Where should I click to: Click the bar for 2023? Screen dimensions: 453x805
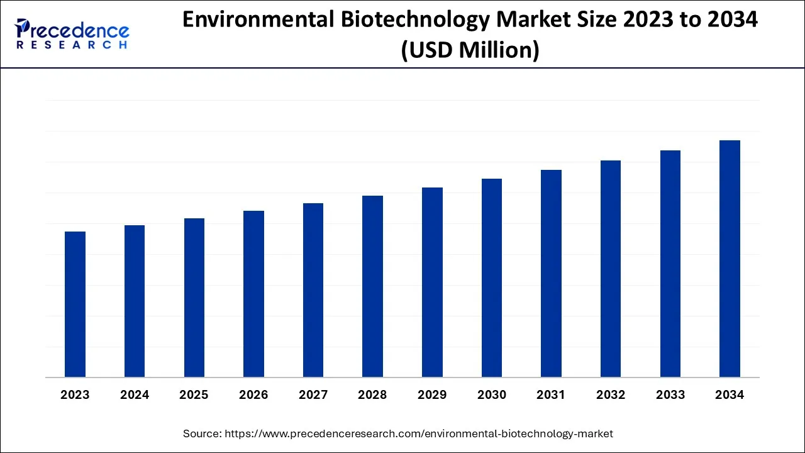pos(75,305)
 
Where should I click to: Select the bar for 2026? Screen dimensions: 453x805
pos(253,294)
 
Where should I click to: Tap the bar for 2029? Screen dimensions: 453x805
pos(432,282)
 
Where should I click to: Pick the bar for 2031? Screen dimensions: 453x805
pos(551,274)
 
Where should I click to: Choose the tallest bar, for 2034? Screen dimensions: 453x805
pos(730,259)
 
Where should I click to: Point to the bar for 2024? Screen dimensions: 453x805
pos(135,301)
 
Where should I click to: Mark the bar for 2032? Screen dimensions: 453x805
pos(611,269)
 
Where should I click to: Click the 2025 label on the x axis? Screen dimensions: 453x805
pos(194,395)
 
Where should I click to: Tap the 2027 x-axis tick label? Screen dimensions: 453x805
pos(313,395)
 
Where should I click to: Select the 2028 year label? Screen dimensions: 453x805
pos(372,395)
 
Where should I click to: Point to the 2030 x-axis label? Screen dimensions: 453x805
pos(491,395)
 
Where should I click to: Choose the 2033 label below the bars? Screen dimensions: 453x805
pos(670,395)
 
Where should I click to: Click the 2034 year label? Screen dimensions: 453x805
pos(730,395)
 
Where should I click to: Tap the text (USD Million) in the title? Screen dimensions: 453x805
pos(470,50)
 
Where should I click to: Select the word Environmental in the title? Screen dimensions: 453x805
pos(258,20)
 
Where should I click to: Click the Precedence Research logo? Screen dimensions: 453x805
pos(72,34)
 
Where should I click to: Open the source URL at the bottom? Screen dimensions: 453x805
pos(418,433)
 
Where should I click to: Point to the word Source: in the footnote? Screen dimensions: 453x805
pos(201,433)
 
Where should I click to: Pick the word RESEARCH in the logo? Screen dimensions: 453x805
pos(72,45)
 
